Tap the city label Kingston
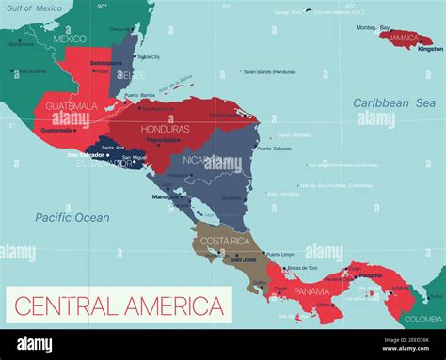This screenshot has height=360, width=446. [430, 49]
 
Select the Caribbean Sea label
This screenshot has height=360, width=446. [394, 102]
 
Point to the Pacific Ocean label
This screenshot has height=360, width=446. [72, 217]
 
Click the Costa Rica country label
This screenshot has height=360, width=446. [225, 243]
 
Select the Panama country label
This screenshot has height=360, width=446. [311, 291]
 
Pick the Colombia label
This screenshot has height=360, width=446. [424, 319]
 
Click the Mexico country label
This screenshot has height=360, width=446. [70, 39]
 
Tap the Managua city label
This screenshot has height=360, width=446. [163, 197]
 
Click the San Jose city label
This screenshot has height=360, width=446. [244, 259]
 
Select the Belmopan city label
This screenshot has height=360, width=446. [104, 63]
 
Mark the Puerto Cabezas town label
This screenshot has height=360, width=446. [276, 149]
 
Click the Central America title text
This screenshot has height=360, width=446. [118, 306]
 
